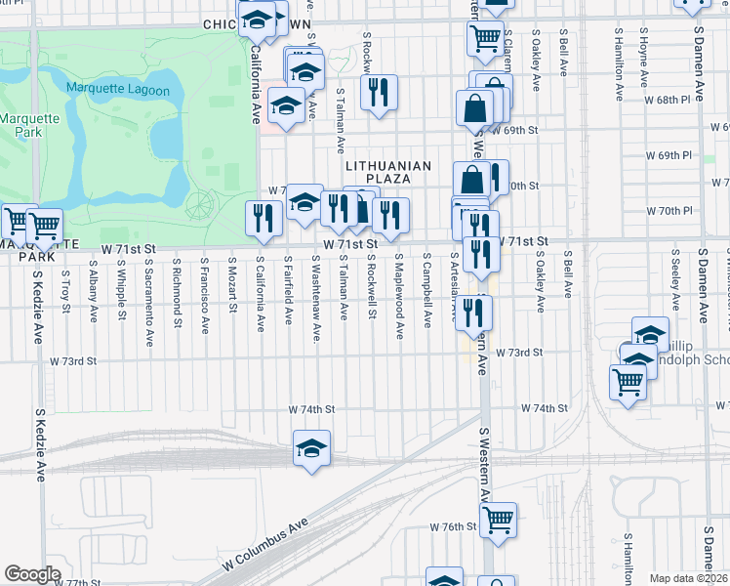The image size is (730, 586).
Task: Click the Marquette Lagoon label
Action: (x=118, y=90)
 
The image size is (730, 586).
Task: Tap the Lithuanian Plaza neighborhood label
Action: (x=387, y=173)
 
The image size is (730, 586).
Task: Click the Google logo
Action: (x=32, y=574)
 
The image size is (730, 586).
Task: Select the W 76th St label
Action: (x=453, y=526)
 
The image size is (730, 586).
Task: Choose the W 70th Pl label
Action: (x=669, y=210)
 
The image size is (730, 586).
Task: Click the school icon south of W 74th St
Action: (x=312, y=448)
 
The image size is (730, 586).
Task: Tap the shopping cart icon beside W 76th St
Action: (x=498, y=518)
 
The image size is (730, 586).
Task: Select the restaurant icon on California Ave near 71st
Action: (x=263, y=219)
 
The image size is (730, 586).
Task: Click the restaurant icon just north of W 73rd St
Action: (x=473, y=313)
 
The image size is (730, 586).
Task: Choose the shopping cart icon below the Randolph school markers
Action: (x=627, y=382)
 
